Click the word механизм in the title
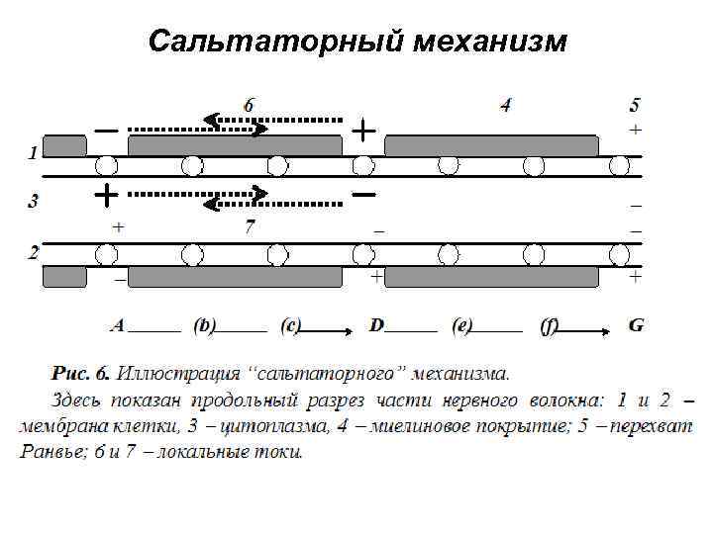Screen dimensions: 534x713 point(491,42)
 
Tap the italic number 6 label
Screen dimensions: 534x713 point(249,103)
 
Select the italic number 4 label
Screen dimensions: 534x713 point(506,104)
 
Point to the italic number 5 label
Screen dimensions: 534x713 point(635,104)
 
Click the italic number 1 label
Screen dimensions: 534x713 point(33,153)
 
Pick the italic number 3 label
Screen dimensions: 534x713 point(33,201)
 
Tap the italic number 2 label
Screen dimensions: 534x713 point(33,251)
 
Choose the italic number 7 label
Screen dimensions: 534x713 point(251,227)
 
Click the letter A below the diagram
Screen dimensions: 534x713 point(118,323)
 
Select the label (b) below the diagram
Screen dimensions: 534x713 point(205,324)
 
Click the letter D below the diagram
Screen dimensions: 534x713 point(377,323)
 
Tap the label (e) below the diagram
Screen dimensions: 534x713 point(461,324)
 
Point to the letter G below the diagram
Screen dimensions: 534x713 point(636,323)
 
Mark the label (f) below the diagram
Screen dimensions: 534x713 point(550,324)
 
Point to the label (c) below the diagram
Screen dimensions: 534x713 point(290,324)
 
